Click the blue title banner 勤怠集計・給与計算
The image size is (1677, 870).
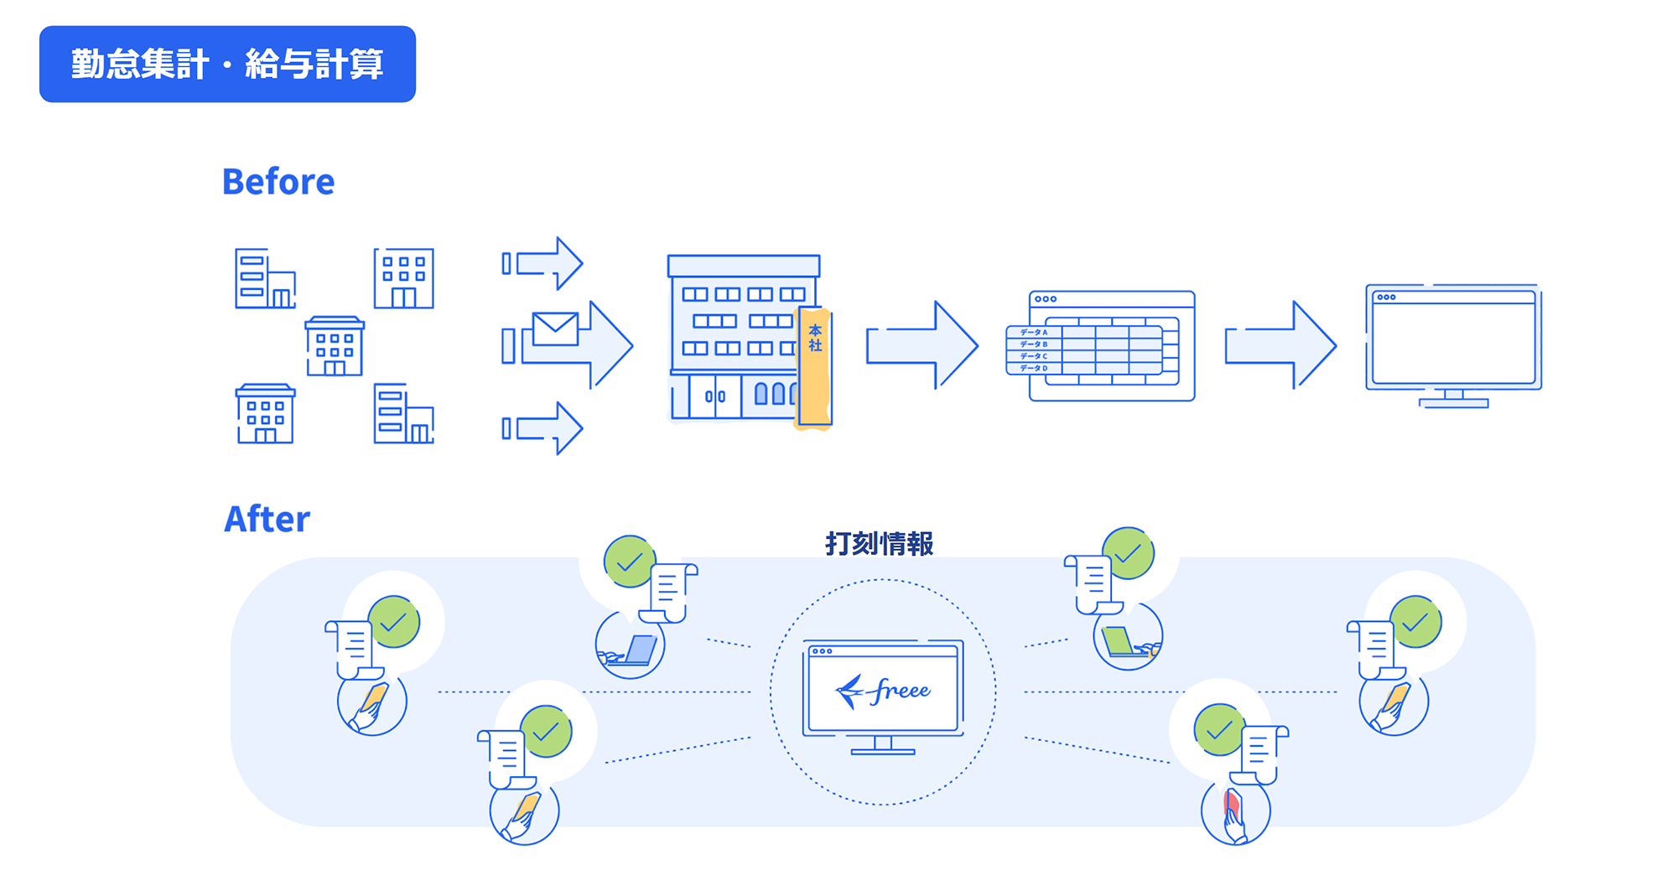click(227, 64)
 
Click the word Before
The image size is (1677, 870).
click(278, 182)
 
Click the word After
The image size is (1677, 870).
click(267, 520)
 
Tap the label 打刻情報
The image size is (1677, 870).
click(879, 544)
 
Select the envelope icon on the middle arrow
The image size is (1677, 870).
click(554, 329)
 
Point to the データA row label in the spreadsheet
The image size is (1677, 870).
click(1033, 333)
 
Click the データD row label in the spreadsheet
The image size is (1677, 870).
click(1033, 368)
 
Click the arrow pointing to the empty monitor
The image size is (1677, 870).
click(1280, 345)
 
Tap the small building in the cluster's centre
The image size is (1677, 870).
click(335, 346)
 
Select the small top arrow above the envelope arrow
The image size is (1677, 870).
click(543, 264)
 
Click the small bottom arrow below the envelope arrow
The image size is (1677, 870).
click(543, 428)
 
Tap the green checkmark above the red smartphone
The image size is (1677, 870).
click(1219, 730)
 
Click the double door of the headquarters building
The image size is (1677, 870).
click(714, 396)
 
